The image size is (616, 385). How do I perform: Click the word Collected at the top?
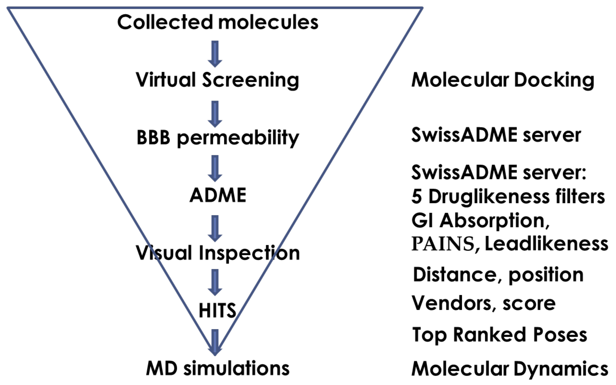pos(165,22)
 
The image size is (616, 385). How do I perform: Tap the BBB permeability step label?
pos(217,138)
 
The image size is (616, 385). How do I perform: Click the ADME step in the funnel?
pos(218,195)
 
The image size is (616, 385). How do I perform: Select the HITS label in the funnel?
pos(217,310)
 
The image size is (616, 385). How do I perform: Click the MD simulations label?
pos(217,368)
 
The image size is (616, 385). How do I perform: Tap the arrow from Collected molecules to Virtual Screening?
pos(215,54)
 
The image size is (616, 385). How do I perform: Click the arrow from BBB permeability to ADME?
pos(215,168)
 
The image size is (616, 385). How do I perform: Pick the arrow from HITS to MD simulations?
pos(215,342)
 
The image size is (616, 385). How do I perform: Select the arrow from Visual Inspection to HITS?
pos(215,282)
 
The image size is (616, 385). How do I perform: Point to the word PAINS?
pos(443,244)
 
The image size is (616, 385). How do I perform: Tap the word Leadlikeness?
pos(546,244)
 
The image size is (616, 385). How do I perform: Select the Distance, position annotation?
pos(498,275)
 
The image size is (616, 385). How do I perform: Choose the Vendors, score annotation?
pos(483,303)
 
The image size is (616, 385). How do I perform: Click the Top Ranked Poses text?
pos(499,335)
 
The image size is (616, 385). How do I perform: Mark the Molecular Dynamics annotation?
pos(509,369)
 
